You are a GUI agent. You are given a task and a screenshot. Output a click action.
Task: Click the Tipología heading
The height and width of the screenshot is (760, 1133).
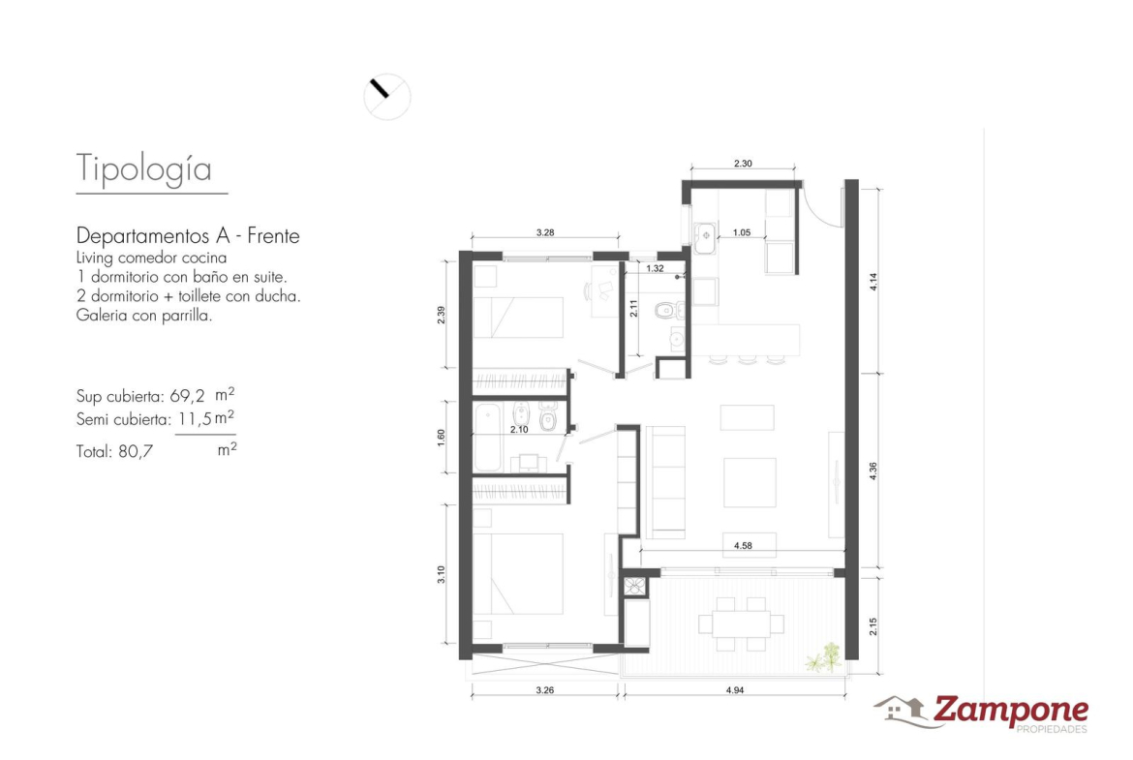[x=143, y=169]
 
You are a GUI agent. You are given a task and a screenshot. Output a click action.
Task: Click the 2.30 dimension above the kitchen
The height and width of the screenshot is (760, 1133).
[x=743, y=164]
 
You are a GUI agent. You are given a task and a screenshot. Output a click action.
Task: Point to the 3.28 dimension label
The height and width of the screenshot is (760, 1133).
[x=545, y=232]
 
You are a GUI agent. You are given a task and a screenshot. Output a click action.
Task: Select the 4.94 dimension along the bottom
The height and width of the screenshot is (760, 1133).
[x=735, y=690]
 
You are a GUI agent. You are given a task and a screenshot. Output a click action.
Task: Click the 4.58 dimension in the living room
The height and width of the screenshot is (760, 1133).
[x=743, y=545]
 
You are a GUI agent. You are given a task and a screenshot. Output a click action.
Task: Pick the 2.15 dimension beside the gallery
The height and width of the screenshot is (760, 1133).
[x=873, y=625]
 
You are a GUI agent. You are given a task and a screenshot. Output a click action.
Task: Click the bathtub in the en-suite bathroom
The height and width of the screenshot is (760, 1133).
[x=488, y=438]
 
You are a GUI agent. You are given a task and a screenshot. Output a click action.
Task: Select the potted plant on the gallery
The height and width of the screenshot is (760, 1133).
[x=825, y=657]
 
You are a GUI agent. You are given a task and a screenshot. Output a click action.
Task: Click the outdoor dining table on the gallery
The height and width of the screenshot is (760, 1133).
[x=741, y=623]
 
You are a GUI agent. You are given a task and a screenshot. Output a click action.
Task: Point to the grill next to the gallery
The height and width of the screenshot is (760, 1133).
[x=635, y=585]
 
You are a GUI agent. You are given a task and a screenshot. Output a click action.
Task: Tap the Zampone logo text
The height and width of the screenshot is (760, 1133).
[x=1010, y=711]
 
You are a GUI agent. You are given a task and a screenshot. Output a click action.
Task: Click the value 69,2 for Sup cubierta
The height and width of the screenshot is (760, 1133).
[x=187, y=396]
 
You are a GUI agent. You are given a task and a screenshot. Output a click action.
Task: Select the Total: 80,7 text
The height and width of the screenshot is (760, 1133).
[x=114, y=451]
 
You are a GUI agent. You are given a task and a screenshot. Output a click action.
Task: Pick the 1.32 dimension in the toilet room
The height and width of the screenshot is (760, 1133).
[x=655, y=269]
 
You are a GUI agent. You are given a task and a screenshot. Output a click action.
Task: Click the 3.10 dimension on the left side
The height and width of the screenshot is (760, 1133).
[x=441, y=574]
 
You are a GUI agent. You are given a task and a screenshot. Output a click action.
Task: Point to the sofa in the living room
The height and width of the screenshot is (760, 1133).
[x=664, y=482]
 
